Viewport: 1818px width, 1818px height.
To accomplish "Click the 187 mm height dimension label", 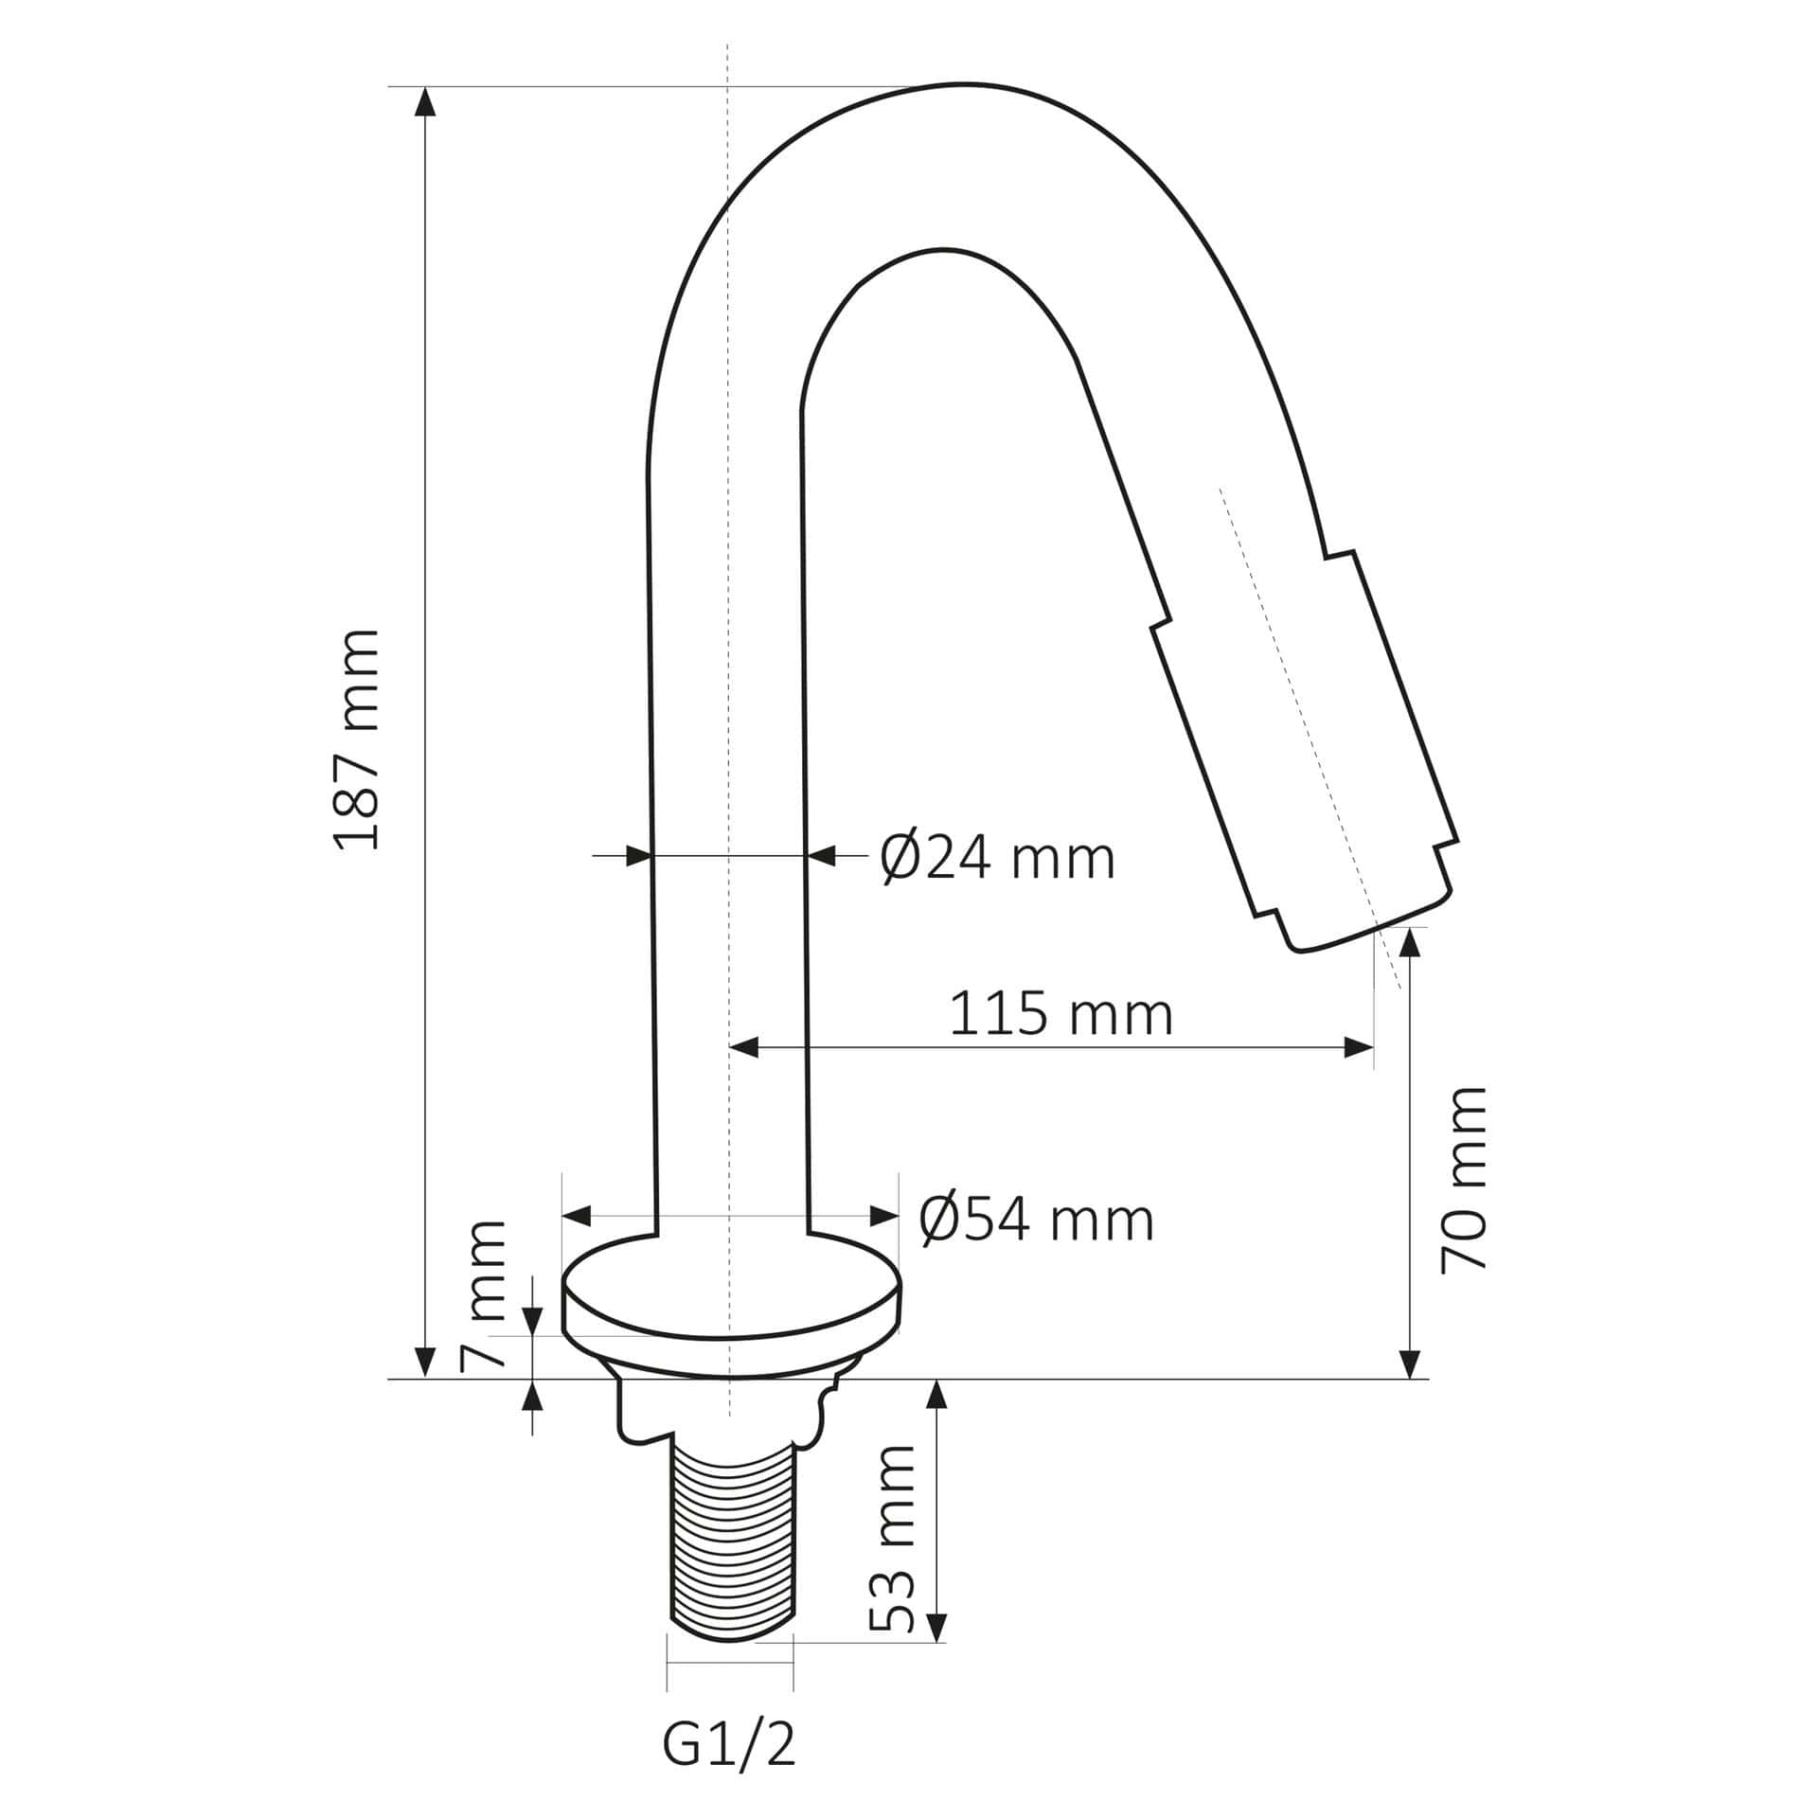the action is pyautogui.click(x=358, y=739).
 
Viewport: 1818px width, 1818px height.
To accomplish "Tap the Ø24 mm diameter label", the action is pyautogui.click(x=997, y=859).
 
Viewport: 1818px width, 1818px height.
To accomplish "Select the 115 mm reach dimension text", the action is pyautogui.click(x=1060, y=1014).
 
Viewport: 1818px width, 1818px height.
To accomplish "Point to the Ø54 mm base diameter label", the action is pyautogui.click(x=1037, y=1221).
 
